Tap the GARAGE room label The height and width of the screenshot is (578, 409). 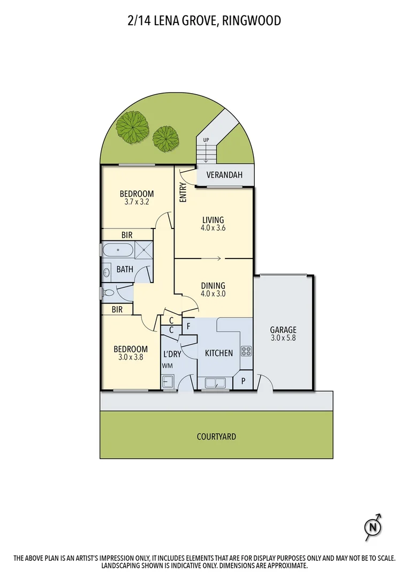pos(283,330)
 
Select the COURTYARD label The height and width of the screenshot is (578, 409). pos(216,437)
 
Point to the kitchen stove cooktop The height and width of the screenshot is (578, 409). pos(247,352)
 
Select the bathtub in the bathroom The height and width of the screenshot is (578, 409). pos(118,250)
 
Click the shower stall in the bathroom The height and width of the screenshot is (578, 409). pos(143,250)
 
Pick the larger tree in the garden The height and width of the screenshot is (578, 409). pos(132,127)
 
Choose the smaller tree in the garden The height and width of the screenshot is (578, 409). pos(165,138)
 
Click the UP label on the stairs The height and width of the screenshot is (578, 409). pos(206,140)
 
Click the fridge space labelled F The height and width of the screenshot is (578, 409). pos(189,325)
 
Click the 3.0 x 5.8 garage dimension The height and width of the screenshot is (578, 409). pos(283,338)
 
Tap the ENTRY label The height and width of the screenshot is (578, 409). pos(182,193)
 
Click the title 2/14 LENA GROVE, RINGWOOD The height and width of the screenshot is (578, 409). pos(205,20)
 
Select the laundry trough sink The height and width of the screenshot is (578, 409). pos(168,382)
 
